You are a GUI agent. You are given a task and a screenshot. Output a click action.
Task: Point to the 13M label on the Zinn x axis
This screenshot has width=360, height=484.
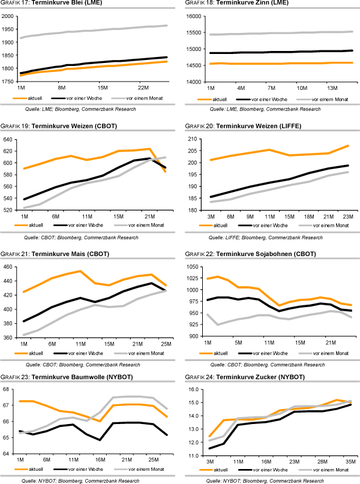click(x=332, y=88)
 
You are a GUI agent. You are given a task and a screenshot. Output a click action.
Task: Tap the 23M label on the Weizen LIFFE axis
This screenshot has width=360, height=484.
click(x=346, y=215)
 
